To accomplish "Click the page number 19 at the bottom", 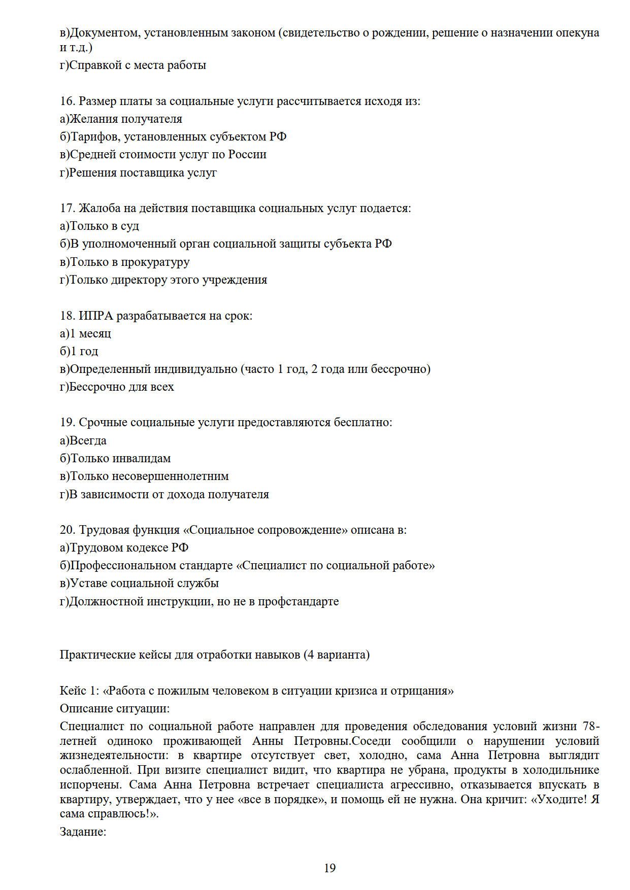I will pos(329,868).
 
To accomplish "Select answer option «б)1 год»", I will pos(79,351).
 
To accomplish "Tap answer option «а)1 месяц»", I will pos(85,333).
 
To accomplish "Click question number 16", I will pos(67,101).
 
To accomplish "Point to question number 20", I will pos(67,530).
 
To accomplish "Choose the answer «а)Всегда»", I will pos(83,440).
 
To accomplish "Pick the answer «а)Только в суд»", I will pos(100,226).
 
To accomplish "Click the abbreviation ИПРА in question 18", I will pos(96,316).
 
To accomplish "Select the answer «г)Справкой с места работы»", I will pos(133,65).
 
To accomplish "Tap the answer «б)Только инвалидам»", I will pos(115,458).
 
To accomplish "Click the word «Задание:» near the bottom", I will pos(83,832).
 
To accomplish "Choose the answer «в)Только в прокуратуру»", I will pos(125,262).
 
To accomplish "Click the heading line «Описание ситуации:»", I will pos(115,708).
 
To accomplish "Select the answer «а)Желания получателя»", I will pos(121,119).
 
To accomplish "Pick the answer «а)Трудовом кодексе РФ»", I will pos(124,547).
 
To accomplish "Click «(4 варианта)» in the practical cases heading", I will pos(337,655).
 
